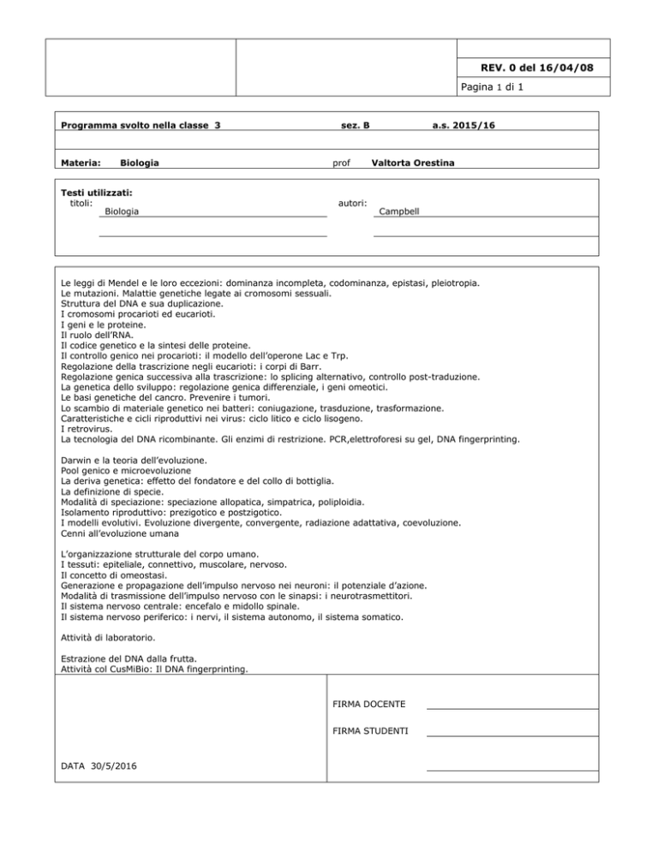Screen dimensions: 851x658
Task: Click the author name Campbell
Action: click(x=399, y=210)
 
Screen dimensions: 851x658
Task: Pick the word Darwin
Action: click(x=77, y=461)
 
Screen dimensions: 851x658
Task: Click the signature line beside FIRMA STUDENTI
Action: click(x=511, y=735)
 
